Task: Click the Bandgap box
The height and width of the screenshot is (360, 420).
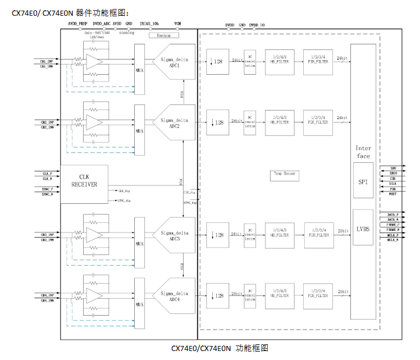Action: click(164, 35)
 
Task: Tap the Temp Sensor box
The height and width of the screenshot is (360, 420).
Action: click(285, 175)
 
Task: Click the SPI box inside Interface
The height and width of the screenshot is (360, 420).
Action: click(363, 181)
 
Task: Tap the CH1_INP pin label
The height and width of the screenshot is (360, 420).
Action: click(47, 60)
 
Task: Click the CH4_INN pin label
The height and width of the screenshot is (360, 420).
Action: click(47, 300)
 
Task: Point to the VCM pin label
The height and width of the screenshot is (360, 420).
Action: click(177, 24)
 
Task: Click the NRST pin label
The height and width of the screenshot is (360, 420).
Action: click(392, 194)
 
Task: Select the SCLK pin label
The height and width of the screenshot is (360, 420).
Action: click(392, 183)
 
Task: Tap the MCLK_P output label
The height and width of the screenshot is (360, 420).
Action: click(393, 235)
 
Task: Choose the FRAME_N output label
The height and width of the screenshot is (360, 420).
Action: click(394, 230)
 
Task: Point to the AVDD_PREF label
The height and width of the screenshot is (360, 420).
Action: click(77, 24)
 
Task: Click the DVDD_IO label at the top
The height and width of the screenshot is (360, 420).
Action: click(257, 25)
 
